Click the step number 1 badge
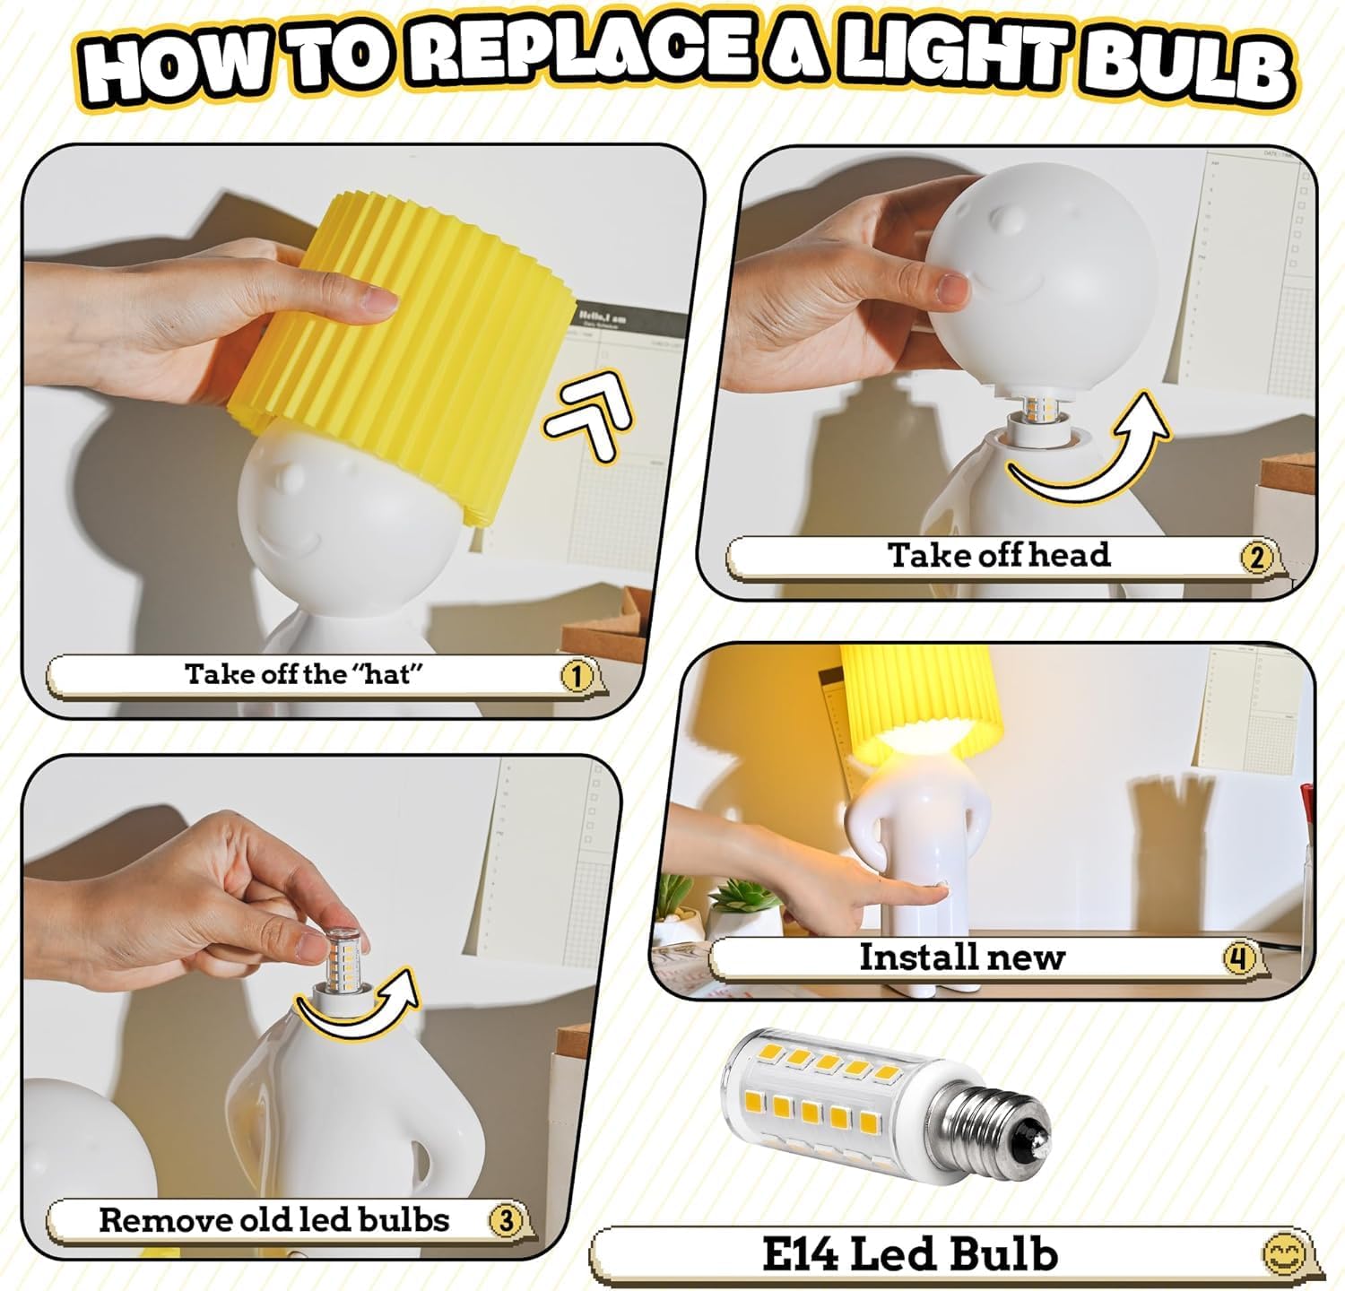(577, 676)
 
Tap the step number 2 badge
(1256, 558)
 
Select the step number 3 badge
(506, 1220)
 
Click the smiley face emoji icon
(1281, 1253)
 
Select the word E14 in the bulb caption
(799, 1253)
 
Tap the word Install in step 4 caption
(913, 957)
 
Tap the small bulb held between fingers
(341, 957)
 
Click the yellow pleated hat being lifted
(403, 354)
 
